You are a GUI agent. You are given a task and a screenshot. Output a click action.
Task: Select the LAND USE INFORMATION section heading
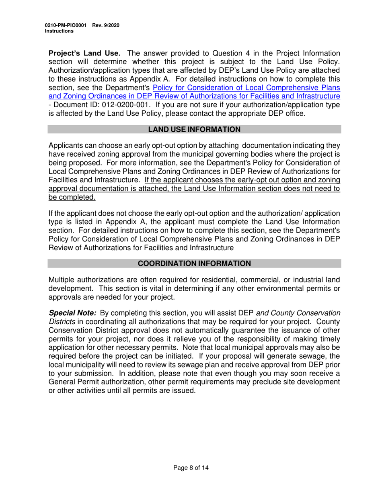coord(194,129)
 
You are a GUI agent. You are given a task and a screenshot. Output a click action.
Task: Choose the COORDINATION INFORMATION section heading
coord(194,263)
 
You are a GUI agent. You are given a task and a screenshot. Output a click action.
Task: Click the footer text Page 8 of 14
coord(191,467)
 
